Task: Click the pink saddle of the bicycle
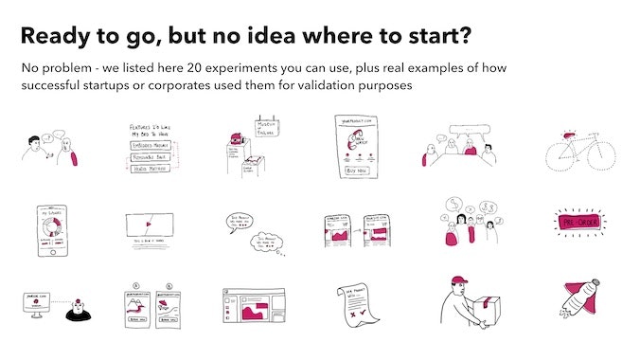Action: tap(569, 136)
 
